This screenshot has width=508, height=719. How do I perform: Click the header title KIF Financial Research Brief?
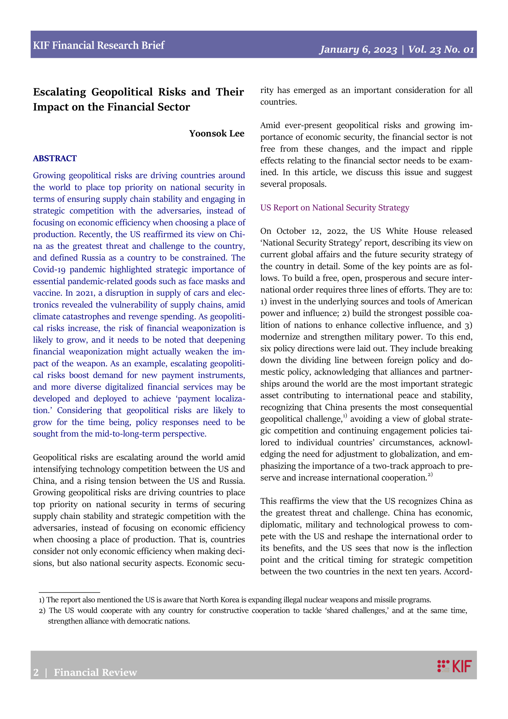99,45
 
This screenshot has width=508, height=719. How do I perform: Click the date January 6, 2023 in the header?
358,50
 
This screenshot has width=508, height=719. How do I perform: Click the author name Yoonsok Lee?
216,134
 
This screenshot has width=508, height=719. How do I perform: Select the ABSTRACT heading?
55,158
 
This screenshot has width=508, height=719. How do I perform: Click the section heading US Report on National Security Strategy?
334,208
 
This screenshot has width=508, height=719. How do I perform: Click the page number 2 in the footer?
36,673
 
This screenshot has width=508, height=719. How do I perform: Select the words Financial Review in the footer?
95,673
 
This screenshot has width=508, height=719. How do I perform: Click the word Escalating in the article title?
59,92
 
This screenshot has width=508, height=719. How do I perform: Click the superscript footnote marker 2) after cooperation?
430,475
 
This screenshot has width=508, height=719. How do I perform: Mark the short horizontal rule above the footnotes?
69,592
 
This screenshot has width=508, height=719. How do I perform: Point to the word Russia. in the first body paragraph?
231,481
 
